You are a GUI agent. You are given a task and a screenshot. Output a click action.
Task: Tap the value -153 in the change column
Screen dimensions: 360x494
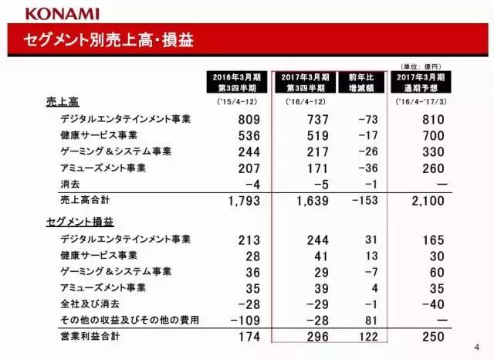(x=367, y=202)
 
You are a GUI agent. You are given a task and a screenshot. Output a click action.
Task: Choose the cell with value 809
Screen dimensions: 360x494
(x=252, y=120)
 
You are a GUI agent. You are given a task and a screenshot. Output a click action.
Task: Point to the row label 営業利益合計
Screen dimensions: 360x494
(x=91, y=337)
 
